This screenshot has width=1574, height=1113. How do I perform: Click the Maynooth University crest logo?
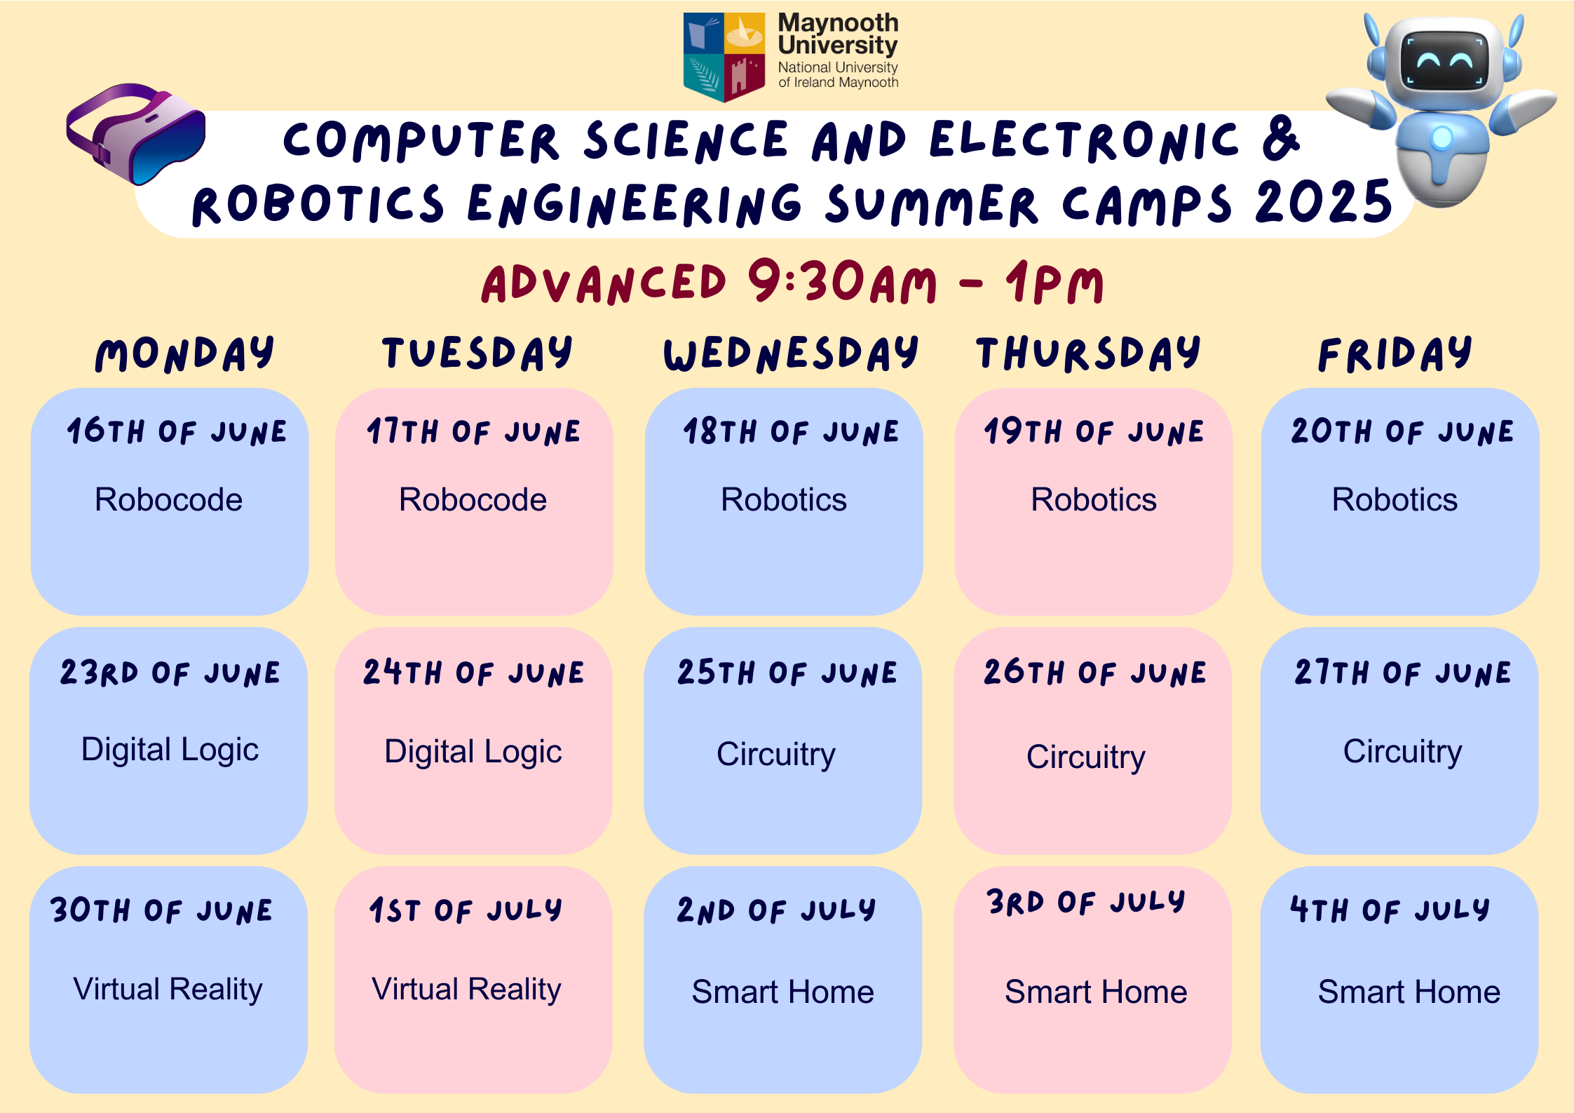point(724,57)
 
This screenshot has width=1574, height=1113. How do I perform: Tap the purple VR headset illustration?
point(136,134)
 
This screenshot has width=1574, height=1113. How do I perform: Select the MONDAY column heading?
point(184,353)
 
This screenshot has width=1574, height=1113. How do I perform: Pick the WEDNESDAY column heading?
point(791,353)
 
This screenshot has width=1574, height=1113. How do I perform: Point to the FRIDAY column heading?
point(1395,353)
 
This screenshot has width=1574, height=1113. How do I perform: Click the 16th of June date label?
point(177,431)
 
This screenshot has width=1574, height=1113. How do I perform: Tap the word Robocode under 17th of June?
point(473,500)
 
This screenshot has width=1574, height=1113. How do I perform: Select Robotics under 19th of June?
point(1093,500)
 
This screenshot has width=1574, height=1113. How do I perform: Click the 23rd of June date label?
point(170,673)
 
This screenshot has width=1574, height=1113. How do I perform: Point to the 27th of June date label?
point(1402,673)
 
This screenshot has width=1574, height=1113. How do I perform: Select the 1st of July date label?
point(466,910)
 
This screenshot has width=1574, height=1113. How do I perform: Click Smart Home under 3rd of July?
point(1096,992)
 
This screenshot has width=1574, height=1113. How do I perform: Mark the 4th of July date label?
point(1390,910)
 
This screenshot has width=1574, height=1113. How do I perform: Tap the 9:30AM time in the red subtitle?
point(842,282)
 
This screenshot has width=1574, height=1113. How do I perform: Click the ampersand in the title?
point(1281,138)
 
